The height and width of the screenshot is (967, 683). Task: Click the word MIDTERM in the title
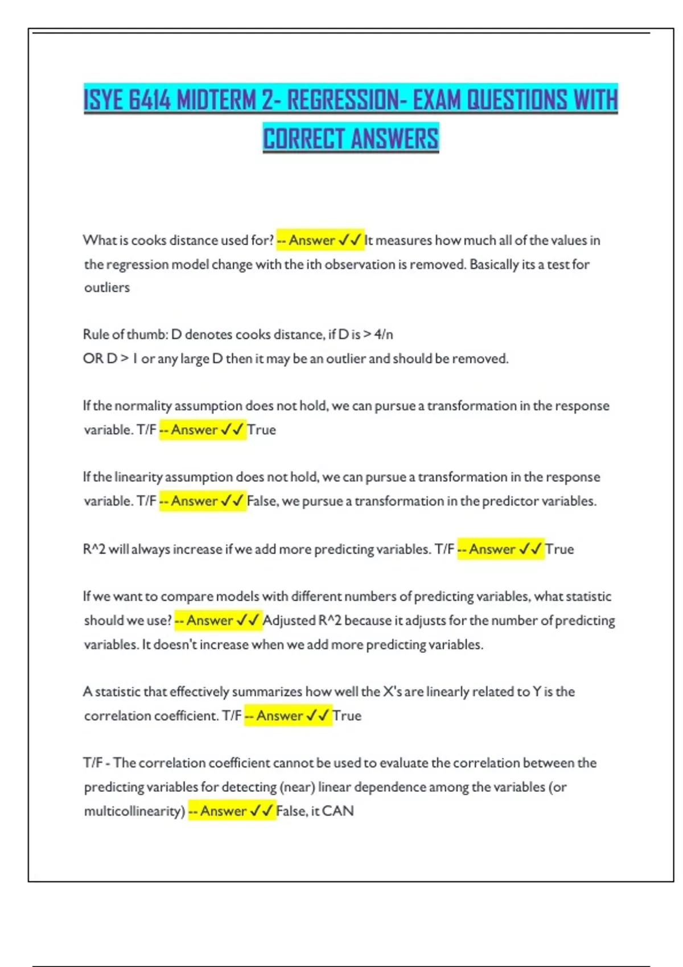216,100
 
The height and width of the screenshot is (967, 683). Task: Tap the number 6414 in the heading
150,100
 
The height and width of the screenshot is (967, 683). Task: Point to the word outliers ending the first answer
107,288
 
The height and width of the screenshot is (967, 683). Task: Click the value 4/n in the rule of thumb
384,334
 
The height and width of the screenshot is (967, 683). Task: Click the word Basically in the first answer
493,265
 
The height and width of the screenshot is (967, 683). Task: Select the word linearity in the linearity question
138,477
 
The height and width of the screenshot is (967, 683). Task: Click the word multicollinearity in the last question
134,811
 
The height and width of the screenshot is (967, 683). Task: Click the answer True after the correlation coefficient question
347,716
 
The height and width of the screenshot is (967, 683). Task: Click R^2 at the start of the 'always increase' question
94,549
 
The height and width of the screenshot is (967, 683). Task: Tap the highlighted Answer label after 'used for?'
311,241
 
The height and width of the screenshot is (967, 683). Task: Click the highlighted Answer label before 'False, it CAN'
223,811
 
